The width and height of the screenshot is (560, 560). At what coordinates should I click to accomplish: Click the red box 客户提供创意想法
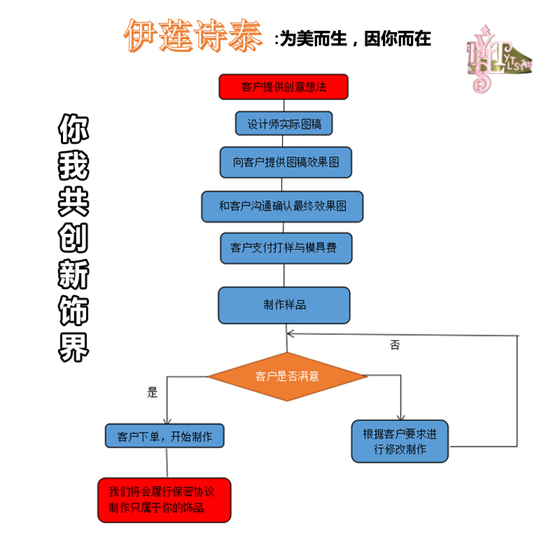pos(283,87)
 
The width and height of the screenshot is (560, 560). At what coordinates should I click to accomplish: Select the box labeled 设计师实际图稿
pos(283,124)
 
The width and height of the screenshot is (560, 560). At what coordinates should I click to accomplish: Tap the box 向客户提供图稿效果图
pos(286,162)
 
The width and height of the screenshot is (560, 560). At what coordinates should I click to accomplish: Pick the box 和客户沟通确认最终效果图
pos(282,206)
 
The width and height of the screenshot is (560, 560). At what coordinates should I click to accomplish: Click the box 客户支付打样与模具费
pos(286,247)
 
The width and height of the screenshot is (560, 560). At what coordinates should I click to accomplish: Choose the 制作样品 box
pos(284,305)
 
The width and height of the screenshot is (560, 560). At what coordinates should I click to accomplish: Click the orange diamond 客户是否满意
pos(287,376)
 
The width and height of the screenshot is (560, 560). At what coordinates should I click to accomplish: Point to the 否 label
pos(395,345)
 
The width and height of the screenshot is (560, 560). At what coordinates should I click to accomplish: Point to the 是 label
pos(153,392)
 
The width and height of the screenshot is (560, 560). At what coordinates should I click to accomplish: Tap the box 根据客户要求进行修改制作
pos(400,441)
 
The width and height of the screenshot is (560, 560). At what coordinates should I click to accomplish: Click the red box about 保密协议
pos(164,500)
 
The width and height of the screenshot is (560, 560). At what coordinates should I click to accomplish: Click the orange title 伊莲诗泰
pos(193,35)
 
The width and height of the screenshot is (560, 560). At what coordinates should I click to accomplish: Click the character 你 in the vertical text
pos(73,129)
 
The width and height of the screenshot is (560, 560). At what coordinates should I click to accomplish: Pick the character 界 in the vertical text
pos(73,347)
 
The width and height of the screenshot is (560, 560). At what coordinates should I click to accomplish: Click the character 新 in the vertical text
pos(73,275)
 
